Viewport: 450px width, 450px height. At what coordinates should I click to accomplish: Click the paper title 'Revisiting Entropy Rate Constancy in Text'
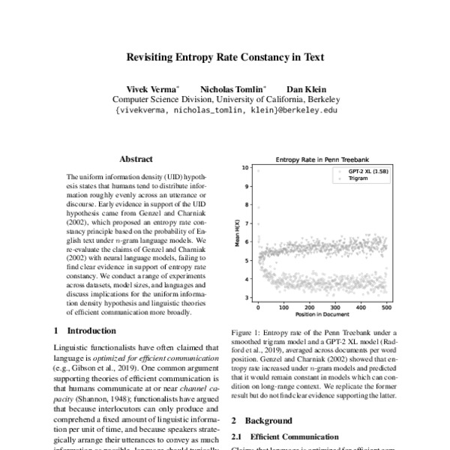pyautogui.click(x=225, y=56)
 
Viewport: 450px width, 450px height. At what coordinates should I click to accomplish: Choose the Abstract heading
pyautogui.click(x=136, y=159)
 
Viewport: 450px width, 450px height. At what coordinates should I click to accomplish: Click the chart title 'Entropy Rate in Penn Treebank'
pyautogui.click(x=322, y=160)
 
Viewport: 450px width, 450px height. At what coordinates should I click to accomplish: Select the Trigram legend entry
pyautogui.click(x=358, y=180)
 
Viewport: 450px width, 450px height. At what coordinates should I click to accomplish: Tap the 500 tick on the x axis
pyautogui.click(x=386, y=307)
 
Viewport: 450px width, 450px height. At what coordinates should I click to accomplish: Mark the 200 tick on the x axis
pyautogui.click(x=309, y=307)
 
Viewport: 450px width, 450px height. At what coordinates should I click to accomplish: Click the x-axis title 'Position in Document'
pyautogui.click(x=322, y=315)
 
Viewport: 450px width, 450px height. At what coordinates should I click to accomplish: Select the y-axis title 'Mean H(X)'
pyautogui.click(x=237, y=233)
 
